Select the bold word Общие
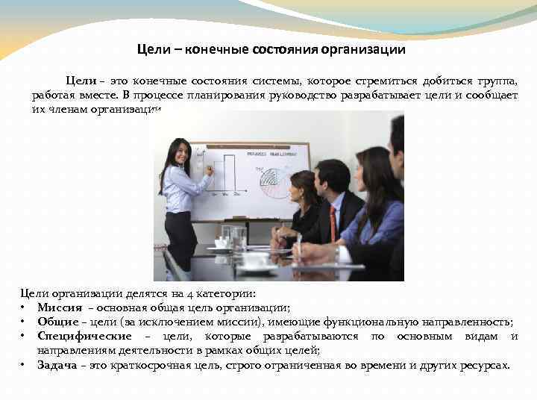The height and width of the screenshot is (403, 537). (x=58, y=322)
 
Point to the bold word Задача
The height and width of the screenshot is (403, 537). (x=58, y=366)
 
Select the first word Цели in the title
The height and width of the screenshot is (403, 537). (x=152, y=50)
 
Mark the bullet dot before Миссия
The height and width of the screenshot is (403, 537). (x=24, y=307)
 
